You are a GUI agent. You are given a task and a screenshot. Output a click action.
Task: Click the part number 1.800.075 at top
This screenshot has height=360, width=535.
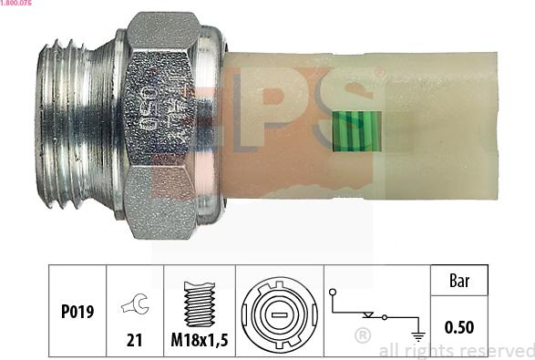(x=17, y=5)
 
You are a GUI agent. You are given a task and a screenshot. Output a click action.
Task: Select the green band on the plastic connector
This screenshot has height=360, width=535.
(x=357, y=130)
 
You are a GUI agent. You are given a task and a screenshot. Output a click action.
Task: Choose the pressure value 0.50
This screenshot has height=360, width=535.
(x=458, y=325)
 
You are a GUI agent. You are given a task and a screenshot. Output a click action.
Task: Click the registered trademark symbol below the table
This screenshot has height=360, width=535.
(x=362, y=335)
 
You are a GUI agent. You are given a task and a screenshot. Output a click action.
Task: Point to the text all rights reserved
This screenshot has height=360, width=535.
(x=456, y=351)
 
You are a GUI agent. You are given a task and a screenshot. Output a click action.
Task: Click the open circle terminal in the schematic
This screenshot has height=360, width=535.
(x=334, y=293)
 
